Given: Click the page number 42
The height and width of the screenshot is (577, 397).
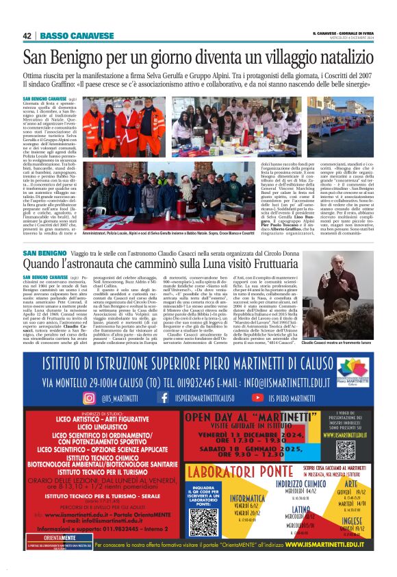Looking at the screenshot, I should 27,36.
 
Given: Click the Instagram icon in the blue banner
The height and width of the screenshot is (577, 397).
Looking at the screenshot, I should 108,397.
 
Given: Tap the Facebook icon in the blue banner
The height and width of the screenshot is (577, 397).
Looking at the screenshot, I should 164,397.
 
